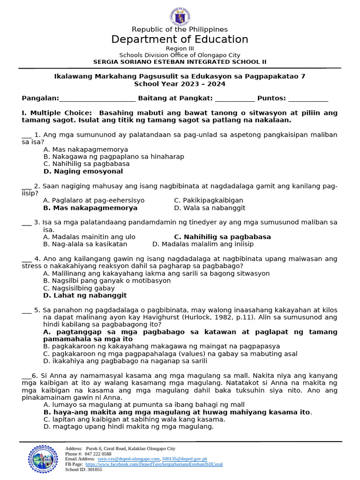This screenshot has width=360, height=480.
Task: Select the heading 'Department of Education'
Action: pyautogui.click(x=180, y=39)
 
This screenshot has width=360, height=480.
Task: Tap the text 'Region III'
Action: pyautogui.click(x=180, y=49)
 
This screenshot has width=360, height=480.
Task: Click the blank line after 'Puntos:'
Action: pyautogui.click(x=308, y=98)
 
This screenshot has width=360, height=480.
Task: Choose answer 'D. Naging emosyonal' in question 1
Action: pyautogui.click(x=83, y=172)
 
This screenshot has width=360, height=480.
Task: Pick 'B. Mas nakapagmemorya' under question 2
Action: pyautogui.click(x=90, y=208)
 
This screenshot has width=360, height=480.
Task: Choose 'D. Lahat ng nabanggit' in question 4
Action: pyautogui.click(x=85, y=295)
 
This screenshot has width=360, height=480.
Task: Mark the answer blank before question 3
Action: pyautogui.click(x=26, y=223)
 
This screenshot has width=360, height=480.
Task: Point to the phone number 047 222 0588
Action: pyautogui.click(x=98, y=454)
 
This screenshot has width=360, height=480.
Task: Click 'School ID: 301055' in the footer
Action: pyautogui.click(x=83, y=469)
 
